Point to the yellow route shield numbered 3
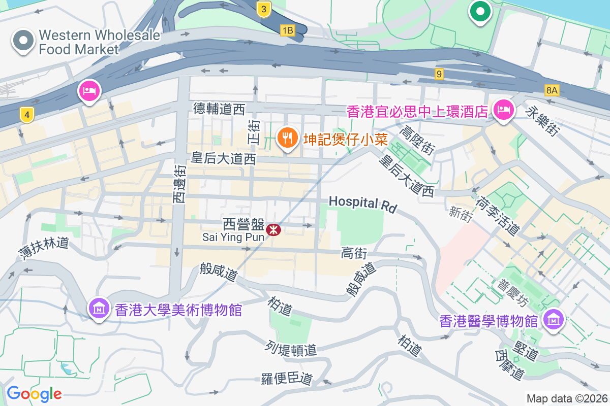[263, 9]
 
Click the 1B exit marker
[287, 30]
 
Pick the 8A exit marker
[552, 90]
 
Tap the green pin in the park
[479, 11]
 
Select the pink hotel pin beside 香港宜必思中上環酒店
[504, 109]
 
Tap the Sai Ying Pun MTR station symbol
[273, 230]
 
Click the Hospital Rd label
[362, 202]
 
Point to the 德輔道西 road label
[219, 108]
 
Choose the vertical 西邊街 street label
[179, 183]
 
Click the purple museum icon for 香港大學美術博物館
[99, 308]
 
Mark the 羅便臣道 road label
[286, 379]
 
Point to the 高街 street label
[354, 253]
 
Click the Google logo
[34, 393]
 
